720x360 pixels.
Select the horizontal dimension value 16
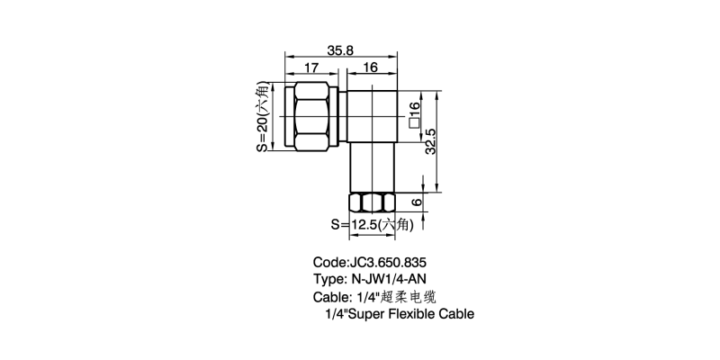(371, 68)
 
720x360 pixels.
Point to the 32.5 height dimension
(433, 143)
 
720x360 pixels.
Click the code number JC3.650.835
(391, 264)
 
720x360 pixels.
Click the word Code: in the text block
(330, 264)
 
